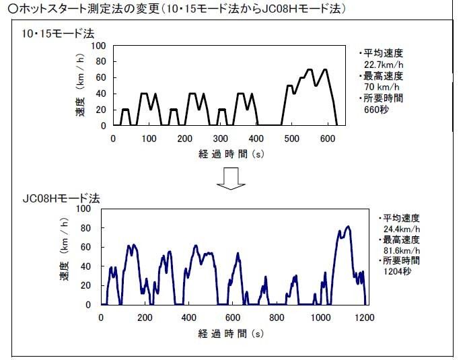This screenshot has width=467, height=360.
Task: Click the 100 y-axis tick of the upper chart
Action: pyautogui.click(x=100, y=46)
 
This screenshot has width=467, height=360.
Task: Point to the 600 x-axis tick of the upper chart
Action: pyautogui.click(x=327, y=139)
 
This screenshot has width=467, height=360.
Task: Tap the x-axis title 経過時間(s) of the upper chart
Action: pyautogui.click(x=230, y=153)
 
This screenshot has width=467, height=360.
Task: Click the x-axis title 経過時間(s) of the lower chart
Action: pyautogui.click(x=231, y=333)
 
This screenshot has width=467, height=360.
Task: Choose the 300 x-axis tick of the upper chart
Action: pyautogui.click(x=220, y=139)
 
